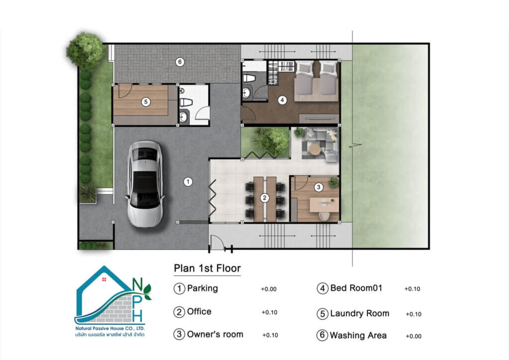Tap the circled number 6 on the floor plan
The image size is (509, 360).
[x=180, y=62]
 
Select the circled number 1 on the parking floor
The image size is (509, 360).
[x=188, y=182]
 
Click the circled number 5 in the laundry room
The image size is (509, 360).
[x=146, y=102]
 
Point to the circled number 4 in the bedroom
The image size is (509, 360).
[x=282, y=100]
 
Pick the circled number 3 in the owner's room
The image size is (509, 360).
[x=319, y=187]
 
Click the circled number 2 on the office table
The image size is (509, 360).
[x=264, y=198]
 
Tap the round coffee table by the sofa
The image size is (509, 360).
[x=315, y=149]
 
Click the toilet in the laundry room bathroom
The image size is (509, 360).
[x=186, y=102]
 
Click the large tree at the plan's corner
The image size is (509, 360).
[x=85, y=50]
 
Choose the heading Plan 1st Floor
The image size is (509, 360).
[x=207, y=268]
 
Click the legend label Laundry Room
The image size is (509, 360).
[x=360, y=314]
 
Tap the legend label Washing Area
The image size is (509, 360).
[x=358, y=335]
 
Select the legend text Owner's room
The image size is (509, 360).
[x=215, y=334]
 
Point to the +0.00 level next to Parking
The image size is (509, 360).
[x=269, y=289]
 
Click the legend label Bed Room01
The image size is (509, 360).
[x=356, y=288]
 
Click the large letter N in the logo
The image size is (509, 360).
[x=137, y=285]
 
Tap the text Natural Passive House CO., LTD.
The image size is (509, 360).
[x=110, y=329]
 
